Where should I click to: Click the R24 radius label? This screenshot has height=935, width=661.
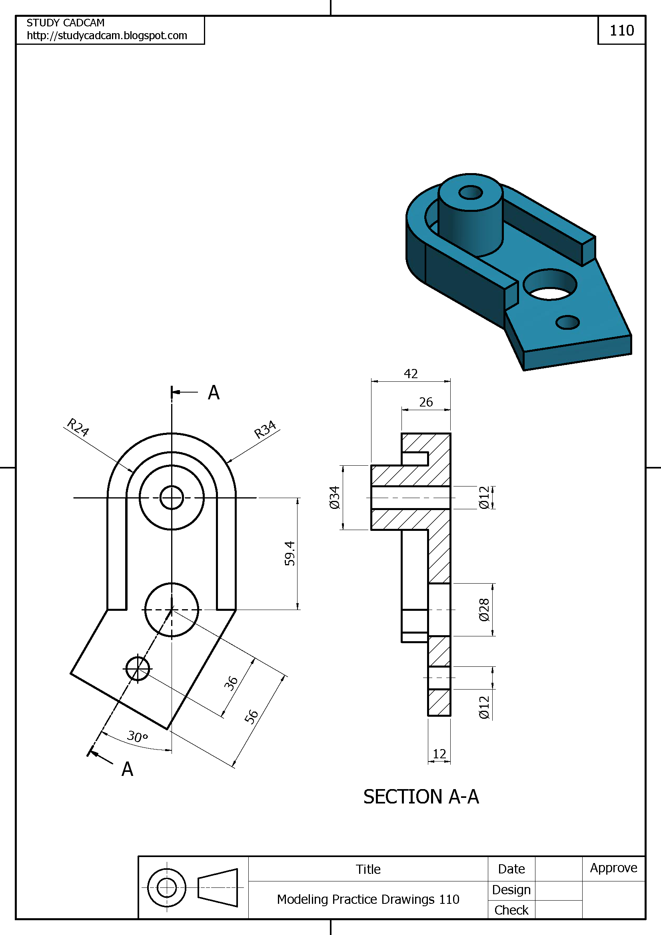(78, 427)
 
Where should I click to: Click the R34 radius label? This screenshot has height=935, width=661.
(265, 430)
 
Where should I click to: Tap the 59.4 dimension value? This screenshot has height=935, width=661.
(290, 553)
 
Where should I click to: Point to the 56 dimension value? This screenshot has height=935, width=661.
(251, 717)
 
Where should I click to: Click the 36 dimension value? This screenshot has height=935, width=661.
(231, 683)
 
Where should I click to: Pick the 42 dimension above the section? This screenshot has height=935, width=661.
(411, 374)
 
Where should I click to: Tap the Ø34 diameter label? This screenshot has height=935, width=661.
(334, 498)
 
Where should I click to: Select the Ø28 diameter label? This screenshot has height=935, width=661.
(484, 610)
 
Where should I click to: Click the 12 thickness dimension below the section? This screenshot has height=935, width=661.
(439, 754)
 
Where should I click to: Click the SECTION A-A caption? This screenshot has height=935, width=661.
(421, 797)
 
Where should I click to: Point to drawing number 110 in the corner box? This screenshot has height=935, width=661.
(621, 30)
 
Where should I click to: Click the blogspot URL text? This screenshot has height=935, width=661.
(107, 36)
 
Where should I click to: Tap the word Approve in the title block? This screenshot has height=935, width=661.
(613, 868)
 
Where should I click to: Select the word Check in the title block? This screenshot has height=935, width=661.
(511, 910)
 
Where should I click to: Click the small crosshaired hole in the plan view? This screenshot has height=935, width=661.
(138, 669)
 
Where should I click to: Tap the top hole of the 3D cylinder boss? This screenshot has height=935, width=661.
(470, 192)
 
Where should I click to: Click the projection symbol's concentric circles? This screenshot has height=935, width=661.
(167, 888)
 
